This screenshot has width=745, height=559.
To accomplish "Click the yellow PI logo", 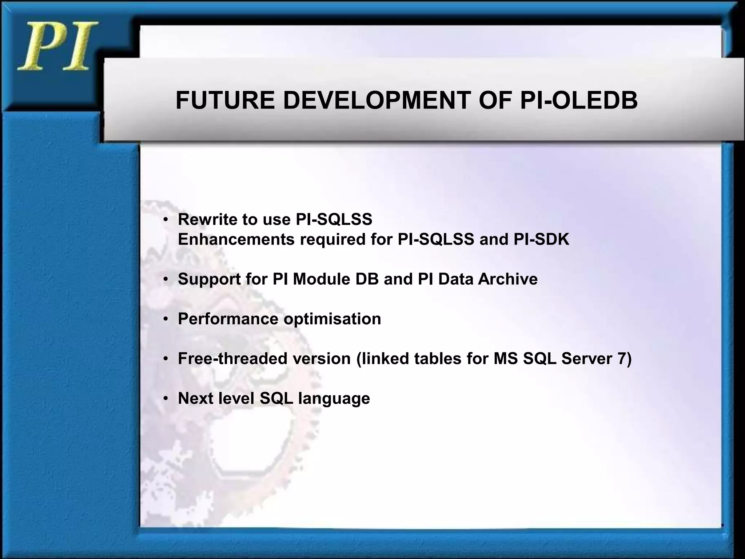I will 57,47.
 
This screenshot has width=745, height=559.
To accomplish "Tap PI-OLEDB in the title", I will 579,100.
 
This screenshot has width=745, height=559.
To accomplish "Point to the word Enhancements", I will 236,239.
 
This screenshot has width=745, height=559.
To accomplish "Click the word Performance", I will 228,319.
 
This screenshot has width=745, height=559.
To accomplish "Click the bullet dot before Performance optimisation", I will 166,319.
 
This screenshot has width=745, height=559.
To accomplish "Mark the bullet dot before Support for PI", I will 166,279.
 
